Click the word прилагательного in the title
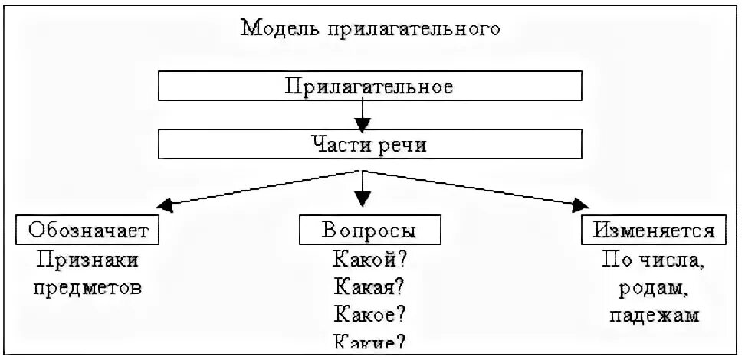pyautogui.click(x=413, y=29)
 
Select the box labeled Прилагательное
pyautogui.click(x=369, y=85)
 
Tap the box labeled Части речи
pyautogui.click(x=369, y=144)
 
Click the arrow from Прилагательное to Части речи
pyautogui.click(x=363, y=114)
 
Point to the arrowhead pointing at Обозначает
pyautogui.click(x=163, y=205)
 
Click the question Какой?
pyautogui.click(x=369, y=258)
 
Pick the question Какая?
pyautogui.click(x=369, y=286)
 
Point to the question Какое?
pyautogui.click(x=369, y=315)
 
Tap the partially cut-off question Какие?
pyautogui.click(x=369, y=344)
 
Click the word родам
pyautogui.click(x=651, y=288)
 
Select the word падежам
pyautogui.click(x=651, y=316)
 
